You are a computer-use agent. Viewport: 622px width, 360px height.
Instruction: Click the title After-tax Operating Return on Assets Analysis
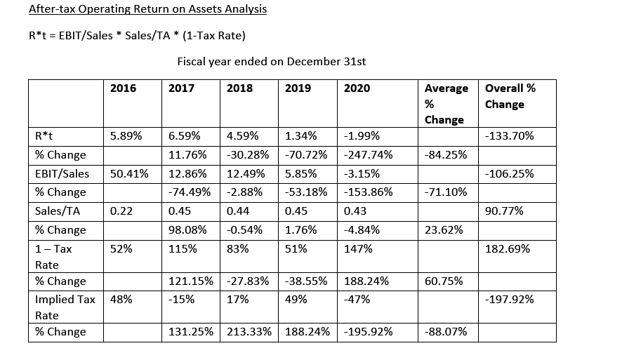coord(147,10)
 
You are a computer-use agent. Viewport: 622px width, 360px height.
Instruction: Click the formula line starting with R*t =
coord(138,35)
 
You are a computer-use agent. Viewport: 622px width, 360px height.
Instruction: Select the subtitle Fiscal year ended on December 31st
coord(272,61)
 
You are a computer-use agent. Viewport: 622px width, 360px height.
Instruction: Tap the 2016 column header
coord(124,88)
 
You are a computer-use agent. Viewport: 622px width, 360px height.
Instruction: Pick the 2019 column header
coord(298,88)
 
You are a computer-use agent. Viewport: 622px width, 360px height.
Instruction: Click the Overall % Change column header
coord(510,96)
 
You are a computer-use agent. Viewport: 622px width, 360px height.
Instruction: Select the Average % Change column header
coord(446,103)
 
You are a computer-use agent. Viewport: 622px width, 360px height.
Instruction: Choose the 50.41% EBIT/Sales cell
coord(129,173)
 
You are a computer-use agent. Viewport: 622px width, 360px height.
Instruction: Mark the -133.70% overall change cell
coord(510,135)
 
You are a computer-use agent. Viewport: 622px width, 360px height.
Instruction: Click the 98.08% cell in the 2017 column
coord(187,229)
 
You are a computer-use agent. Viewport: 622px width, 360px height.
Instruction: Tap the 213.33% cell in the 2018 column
coord(246,331)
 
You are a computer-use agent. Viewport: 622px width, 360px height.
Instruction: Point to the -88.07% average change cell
coord(446,331)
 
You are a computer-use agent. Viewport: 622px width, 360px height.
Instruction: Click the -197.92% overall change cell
coord(510,299)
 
